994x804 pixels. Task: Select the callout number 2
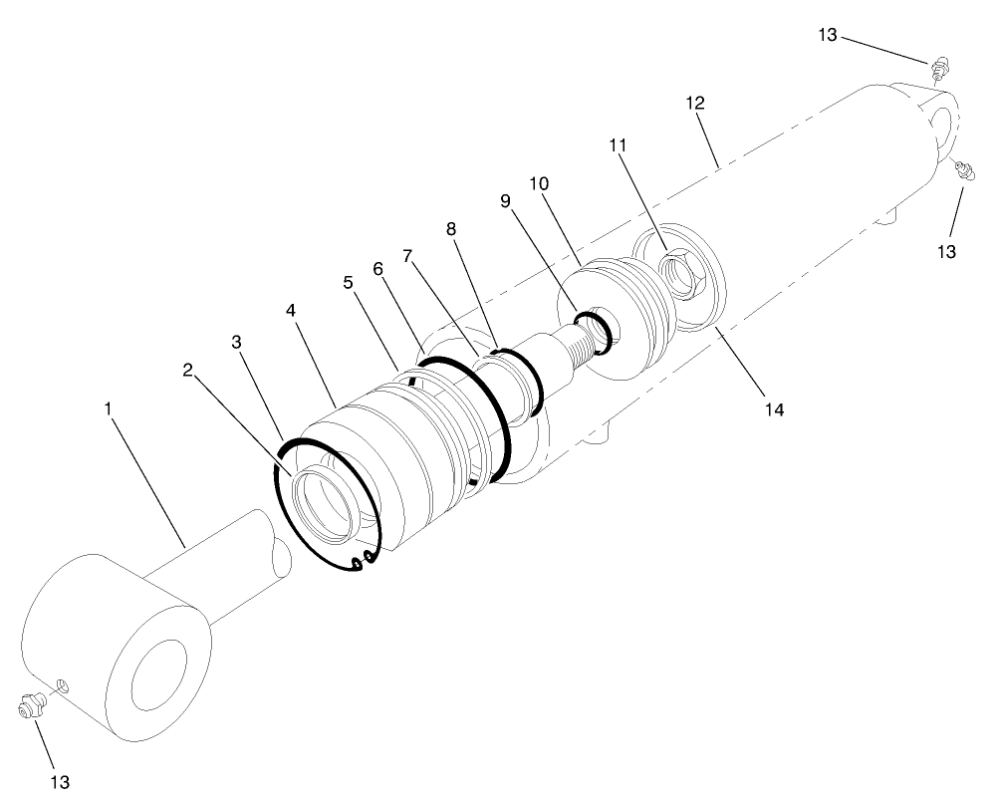pos(187,370)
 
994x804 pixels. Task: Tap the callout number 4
pos(290,310)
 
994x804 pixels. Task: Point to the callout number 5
pos(348,282)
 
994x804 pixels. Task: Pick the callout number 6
pos(377,268)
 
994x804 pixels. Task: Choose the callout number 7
pos(406,255)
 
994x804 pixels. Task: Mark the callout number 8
pos(451,228)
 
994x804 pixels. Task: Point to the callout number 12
pos(695,103)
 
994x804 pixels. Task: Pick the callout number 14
pos(774,408)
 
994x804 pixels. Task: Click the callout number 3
pos(236,342)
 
